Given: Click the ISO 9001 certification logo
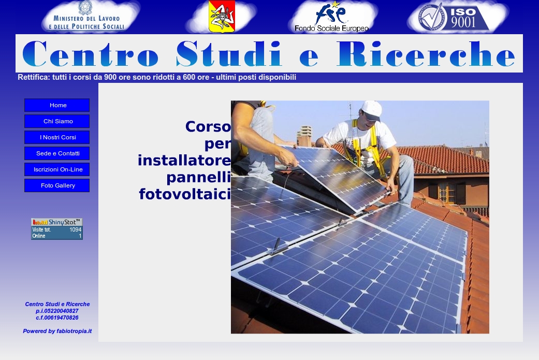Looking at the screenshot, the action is tap(454, 17).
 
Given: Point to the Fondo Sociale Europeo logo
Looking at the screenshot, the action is tap(331, 17).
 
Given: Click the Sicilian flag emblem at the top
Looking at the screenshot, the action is tap(222, 16).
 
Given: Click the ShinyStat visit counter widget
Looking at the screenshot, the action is tap(57, 229).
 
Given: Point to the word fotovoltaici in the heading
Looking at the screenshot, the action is tap(185, 194).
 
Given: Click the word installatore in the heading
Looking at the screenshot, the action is tap(184, 161).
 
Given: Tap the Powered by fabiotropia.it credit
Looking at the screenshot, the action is tap(57, 331).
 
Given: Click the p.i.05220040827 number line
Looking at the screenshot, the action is tap(57, 311).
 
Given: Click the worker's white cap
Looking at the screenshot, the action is tap(371, 110).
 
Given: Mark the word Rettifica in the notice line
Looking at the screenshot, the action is tap(34, 77).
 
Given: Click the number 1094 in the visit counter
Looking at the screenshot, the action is tap(75, 229).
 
